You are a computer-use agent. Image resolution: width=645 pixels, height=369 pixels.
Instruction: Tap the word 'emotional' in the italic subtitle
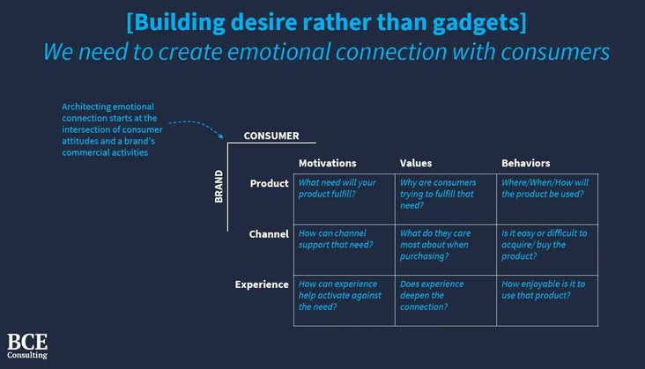(279, 52)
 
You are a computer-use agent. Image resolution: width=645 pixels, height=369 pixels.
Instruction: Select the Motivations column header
(328, 163)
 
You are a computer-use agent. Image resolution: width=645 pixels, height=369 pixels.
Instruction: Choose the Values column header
(416, 163)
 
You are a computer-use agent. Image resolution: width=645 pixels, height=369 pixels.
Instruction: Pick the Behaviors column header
(526, 163)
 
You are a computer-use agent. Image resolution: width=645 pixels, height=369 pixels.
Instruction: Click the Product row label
(269, 183)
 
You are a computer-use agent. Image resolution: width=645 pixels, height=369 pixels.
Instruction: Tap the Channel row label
(269, 234)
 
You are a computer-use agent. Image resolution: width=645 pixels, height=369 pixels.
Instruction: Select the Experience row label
(262, 284)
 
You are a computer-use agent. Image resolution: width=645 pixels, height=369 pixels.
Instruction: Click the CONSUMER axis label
(271, 136)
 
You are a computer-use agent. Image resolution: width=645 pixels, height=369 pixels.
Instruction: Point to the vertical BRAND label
(219, 187)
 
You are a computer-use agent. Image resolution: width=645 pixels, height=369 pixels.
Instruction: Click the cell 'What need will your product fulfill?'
(345, 199)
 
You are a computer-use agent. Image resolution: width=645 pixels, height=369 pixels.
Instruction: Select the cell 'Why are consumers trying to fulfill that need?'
(446, 199)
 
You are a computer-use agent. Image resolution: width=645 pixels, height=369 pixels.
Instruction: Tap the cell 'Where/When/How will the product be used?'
(547, 199)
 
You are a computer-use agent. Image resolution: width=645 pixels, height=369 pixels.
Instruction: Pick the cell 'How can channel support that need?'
(345, 250)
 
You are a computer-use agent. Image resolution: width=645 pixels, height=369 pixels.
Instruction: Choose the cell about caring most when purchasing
(446, 250)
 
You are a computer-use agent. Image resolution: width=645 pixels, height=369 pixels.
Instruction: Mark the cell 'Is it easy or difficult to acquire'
(547, 250)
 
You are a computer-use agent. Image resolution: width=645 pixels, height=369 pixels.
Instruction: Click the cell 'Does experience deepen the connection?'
(446, 301)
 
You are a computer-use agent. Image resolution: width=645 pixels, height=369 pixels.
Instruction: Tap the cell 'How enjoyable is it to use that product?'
(547, 301)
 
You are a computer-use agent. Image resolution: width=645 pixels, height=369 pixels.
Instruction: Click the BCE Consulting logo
(27, 346)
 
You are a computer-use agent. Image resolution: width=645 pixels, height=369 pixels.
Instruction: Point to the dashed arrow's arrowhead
(221, 136)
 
